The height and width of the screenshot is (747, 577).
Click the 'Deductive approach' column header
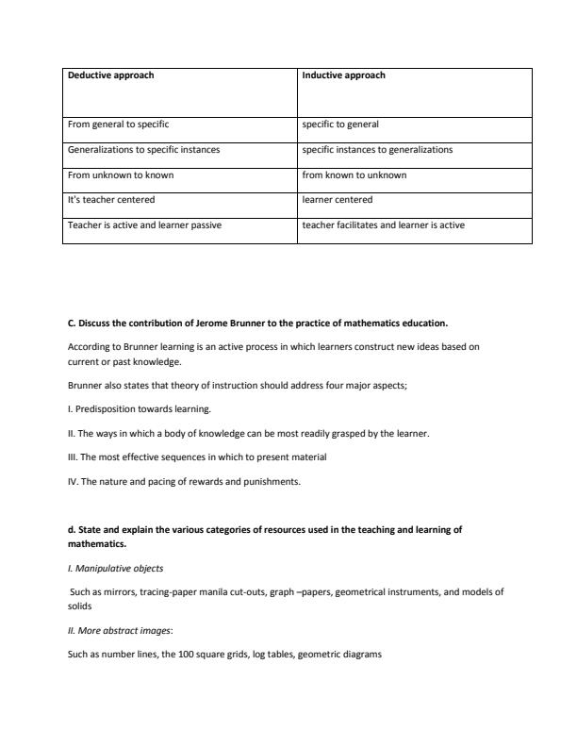coord(110,75)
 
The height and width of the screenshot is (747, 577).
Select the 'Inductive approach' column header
coord(343,75)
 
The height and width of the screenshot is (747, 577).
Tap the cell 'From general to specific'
coord(118,124)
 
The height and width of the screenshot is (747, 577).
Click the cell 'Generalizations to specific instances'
coord(143,149)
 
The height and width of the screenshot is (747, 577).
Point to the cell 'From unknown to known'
coord(120,174)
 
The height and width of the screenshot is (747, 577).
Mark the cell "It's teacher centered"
coord(110,200)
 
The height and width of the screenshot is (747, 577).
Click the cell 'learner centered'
coord(337,200)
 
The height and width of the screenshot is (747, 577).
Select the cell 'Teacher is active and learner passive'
coord(144,225)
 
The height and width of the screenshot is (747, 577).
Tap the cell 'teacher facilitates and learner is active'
coord(383,225)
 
